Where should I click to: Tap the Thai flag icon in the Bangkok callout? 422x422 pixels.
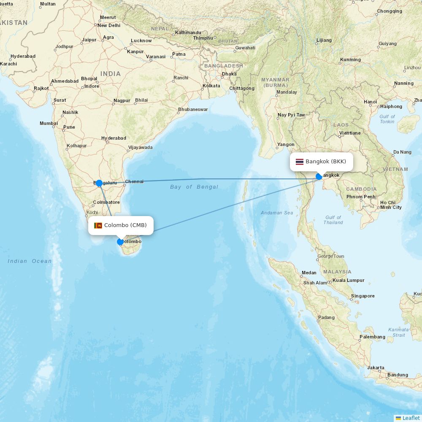click(x=300, y=162)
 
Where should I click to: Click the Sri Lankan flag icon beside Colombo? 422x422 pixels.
click(x=98, y=225)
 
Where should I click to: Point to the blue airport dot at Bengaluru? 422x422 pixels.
click(x=99, y=183)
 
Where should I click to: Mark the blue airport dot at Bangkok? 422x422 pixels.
click(x=319, y=176)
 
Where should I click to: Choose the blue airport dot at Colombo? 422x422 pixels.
click(x=120, y=242)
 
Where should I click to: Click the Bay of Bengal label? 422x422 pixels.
click(x=194, y=187)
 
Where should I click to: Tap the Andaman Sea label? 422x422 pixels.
click(x=277, y=213)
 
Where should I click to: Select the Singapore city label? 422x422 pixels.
click(x=363, y=296)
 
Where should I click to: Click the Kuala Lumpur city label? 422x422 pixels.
click(x=349, y=280)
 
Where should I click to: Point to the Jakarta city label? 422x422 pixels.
click(x=376, y=368)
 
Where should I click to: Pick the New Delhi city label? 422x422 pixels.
click(x=109, y=25)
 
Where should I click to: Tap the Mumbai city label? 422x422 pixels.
click(x=49, y=124)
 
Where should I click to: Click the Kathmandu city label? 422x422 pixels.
click(x=188, y=32)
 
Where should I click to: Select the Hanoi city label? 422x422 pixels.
click(x=370, y=102)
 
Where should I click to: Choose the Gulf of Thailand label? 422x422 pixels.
click(x=333, y=220)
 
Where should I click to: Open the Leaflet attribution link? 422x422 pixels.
click(x=411, y=418)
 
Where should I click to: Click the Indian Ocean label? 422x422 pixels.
click(x=30, y=261)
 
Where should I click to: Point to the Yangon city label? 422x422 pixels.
click(x=286, y=145)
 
